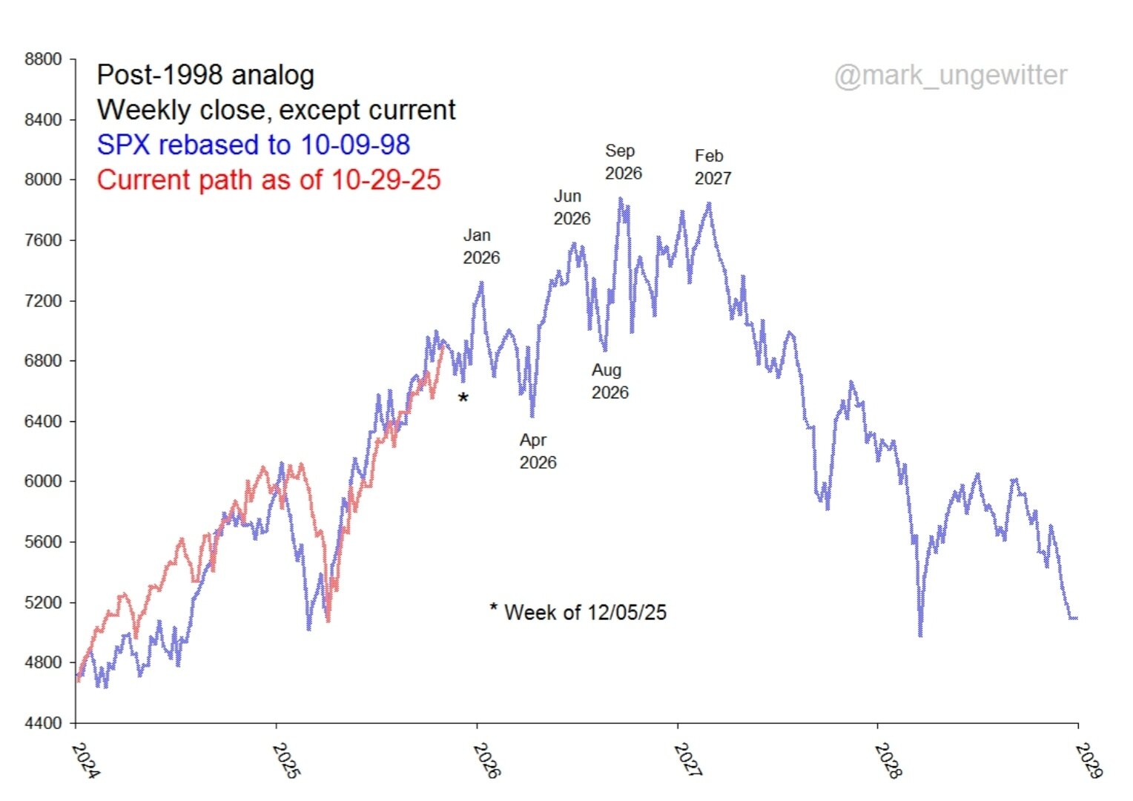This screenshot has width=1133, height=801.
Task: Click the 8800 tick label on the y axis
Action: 43,59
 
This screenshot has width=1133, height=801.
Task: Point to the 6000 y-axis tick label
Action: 43,481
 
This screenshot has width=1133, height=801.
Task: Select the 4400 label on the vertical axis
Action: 43,723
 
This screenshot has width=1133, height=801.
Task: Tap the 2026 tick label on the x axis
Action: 486,760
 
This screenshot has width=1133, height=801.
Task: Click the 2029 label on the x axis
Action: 1088,760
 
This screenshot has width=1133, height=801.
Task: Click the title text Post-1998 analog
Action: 205,75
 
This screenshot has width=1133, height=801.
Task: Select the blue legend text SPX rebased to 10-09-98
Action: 253,145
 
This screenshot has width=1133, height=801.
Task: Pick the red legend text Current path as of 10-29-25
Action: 268,180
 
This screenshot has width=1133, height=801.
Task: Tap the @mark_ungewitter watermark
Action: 951,75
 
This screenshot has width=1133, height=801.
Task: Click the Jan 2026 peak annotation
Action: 481,246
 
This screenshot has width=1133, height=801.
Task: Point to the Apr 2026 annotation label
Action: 538,451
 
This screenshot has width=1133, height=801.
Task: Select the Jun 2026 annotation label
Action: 572,207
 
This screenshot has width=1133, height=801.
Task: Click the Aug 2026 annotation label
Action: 610,381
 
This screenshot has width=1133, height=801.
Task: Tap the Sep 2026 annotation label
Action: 623,162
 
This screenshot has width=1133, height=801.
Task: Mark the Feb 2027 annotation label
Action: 713,167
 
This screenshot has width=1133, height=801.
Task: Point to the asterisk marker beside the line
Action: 463,399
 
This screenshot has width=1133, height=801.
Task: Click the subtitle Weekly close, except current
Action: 276,110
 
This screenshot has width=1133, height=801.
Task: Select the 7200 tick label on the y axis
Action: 43,301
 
